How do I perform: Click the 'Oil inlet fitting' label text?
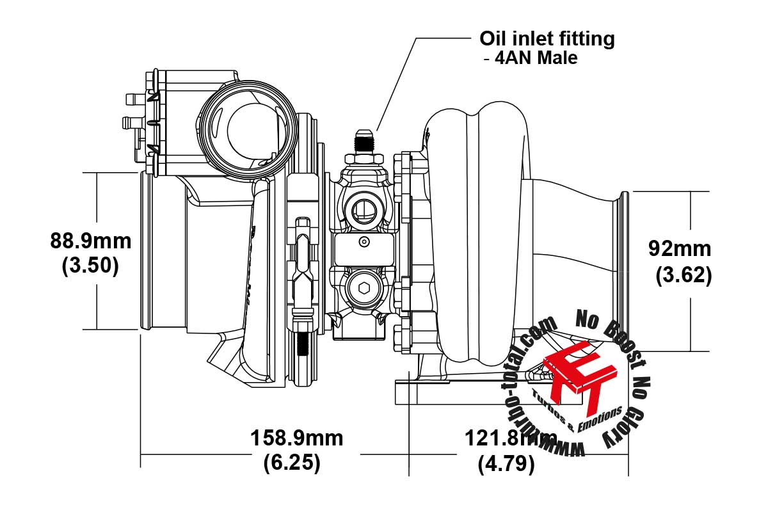tap(547, 40)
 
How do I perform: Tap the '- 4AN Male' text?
tap(531, 58)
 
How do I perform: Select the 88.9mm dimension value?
tap(90, 241)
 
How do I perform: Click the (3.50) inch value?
tap(90, 266)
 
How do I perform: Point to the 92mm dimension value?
tap(680, 248)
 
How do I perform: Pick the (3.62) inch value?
tap(684, 275)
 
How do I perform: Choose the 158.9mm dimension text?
tap(296, 438)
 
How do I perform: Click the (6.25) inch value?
tap(292, 463)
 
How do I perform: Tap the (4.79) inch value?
tap(506, 464)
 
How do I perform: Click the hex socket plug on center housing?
tap(364, 288)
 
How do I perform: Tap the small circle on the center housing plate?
tap(364, 242)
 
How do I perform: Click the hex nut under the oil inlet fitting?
tap(364, 159)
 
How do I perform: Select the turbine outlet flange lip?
tap(625, 271)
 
